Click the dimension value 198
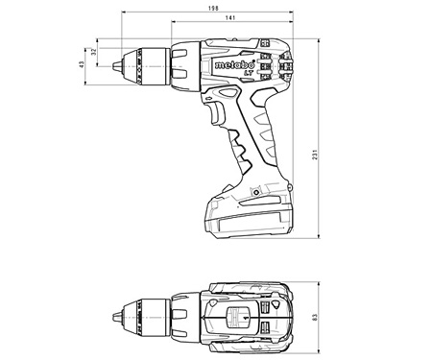pyautogui.click(x=225, y=8)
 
